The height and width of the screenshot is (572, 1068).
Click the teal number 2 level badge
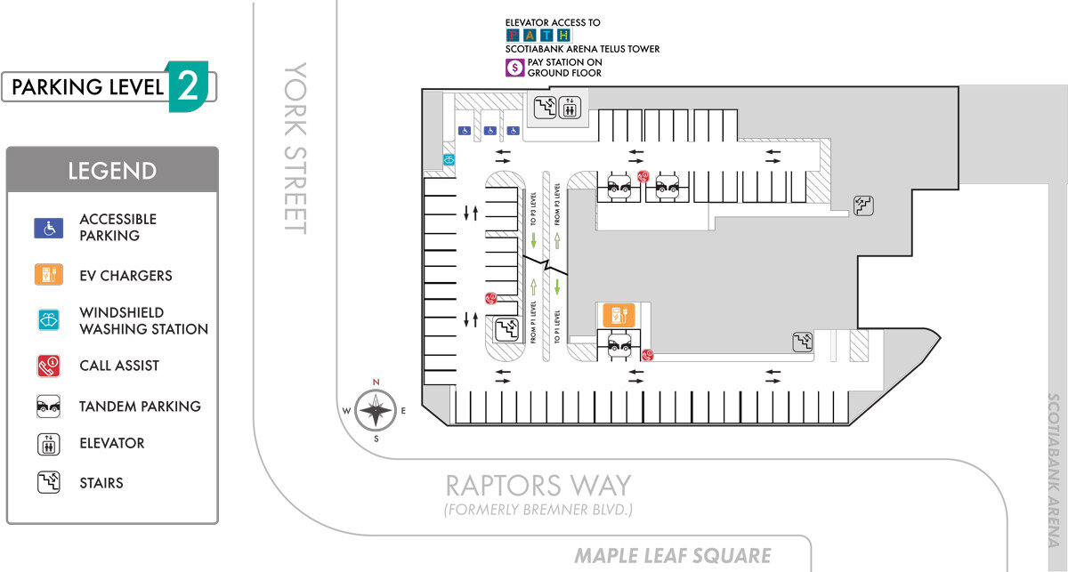tap(188, 86)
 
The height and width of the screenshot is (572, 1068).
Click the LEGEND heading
tap(112, 171)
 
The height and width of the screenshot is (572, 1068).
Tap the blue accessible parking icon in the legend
tap(49, 228)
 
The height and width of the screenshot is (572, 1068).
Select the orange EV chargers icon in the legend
tap(49, 275)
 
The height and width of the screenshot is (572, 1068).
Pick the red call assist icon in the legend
tap(49, 365)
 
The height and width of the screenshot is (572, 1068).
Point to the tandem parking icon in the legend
tap(49, 407)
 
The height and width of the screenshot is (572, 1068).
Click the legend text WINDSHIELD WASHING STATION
tap(143, 321)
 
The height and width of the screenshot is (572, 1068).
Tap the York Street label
tap(295, 148)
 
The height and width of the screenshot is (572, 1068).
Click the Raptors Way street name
tap(538, 486)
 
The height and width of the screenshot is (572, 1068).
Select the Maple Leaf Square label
tap(672, 557)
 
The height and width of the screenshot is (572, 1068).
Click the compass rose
tap(376, 410)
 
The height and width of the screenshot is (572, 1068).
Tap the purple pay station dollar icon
tap(514, 68)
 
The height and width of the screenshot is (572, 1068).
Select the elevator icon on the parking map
tap(570, 108)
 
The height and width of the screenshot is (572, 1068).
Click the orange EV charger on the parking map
tap(617, 315)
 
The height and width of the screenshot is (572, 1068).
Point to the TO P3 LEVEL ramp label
tap(533, 210)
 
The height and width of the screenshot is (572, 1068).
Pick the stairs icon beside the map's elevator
tap(544, 108)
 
